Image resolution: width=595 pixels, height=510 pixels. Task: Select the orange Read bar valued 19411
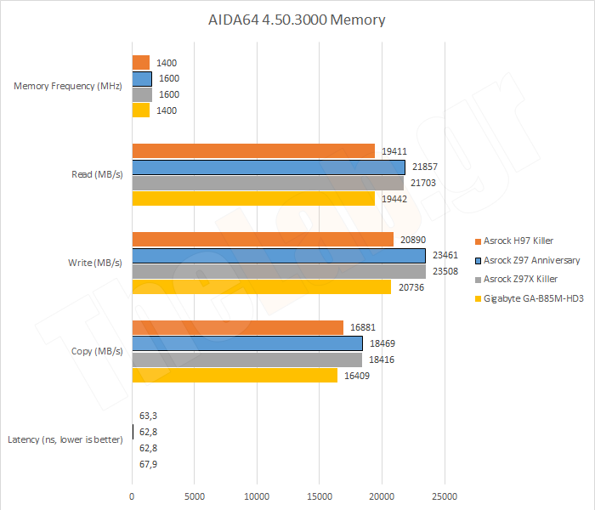[253, 150]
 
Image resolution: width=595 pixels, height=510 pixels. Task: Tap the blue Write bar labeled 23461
[279, 255]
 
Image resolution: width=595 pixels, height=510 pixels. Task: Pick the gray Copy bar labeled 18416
[247, 360]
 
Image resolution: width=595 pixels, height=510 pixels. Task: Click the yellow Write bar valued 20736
[261, 287]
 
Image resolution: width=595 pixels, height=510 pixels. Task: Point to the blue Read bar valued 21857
[269, 167]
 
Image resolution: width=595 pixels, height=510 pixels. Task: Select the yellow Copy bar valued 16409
[235, 375]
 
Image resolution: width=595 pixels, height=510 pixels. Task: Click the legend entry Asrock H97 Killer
[518, 241]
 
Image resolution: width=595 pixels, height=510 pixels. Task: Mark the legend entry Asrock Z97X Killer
[520, 280]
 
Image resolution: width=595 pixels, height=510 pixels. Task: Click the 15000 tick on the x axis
[319, 496]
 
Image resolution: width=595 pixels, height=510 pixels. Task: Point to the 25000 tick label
[444, 496]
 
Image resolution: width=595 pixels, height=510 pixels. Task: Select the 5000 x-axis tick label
[194, 496]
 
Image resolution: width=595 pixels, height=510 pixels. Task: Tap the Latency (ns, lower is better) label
[65, 439]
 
